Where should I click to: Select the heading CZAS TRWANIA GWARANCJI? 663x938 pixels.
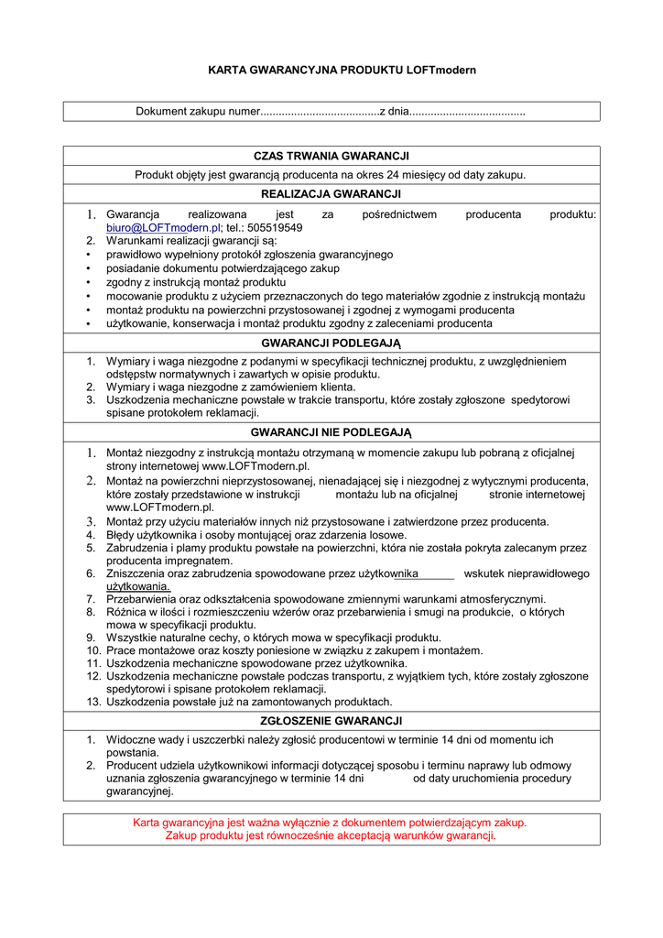tap(331, 157)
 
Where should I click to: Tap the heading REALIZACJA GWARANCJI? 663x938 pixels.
tap(331, 194)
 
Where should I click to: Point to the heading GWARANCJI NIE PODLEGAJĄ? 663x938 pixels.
tap(331, 431)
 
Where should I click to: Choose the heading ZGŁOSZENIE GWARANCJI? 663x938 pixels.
tap(331, 721)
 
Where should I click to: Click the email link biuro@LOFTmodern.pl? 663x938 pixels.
tap(164, 227)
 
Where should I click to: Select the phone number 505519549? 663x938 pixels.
tap(275, 227)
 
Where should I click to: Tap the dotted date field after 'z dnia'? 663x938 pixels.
tap(467, 112)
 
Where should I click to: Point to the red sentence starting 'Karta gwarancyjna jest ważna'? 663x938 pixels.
tap(331, 823)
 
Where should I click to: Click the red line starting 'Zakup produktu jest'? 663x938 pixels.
tap(331, 835)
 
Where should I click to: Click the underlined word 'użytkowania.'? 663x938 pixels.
tap(138, 586)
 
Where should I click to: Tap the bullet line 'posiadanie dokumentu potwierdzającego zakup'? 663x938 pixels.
tap(223, 268)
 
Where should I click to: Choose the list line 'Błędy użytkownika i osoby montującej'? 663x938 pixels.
tap(256, 535)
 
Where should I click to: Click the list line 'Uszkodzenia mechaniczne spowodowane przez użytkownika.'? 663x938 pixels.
tap(256, 663)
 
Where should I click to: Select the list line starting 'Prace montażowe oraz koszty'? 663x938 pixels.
tap(294, 650)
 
